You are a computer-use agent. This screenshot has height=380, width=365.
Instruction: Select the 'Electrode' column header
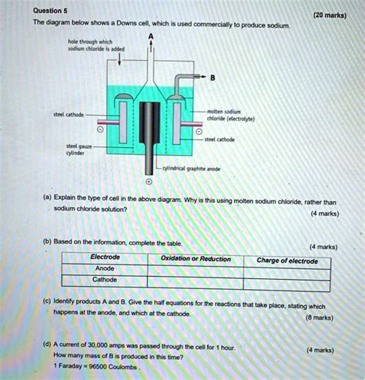coord(105,257)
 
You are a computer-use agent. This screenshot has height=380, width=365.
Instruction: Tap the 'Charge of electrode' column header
coord(292,261)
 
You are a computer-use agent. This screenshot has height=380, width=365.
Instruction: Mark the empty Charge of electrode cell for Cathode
coord(292,280)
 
